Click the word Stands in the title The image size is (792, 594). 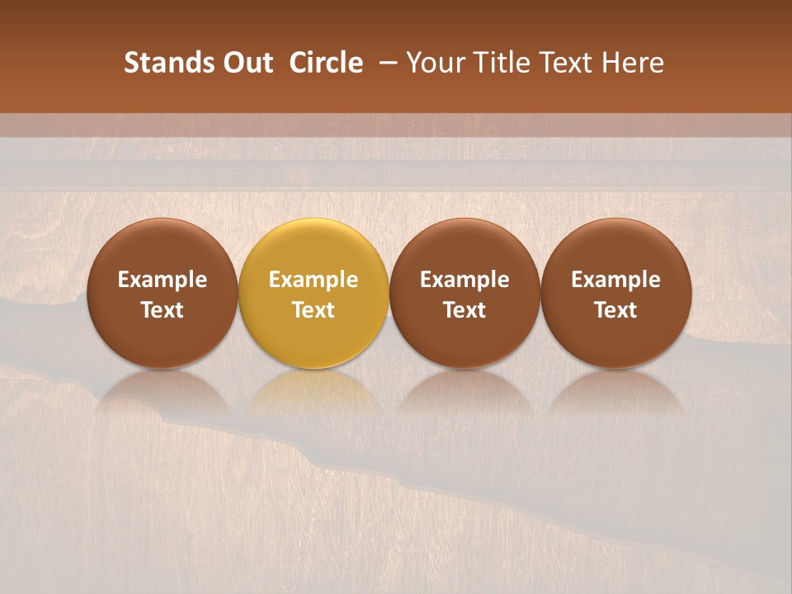click(x=162, y=63)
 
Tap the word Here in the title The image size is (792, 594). click(x=634, y=63)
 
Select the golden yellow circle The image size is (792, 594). click(x=313, y=293)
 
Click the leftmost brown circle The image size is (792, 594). click(x=163, y=293)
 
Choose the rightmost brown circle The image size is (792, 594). click(x=616, y=293)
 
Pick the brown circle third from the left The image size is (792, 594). click(x=464, y=293)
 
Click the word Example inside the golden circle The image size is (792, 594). click(x=313, y=280)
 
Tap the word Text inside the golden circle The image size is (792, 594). click(x=313, y=310)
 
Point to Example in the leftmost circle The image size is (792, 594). click(x=163, y=280)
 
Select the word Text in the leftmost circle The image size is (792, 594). click(x=163, y=310)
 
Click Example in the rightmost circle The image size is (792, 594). click(x=616, y=280)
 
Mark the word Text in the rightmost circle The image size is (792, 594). click(x=616, y=310)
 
